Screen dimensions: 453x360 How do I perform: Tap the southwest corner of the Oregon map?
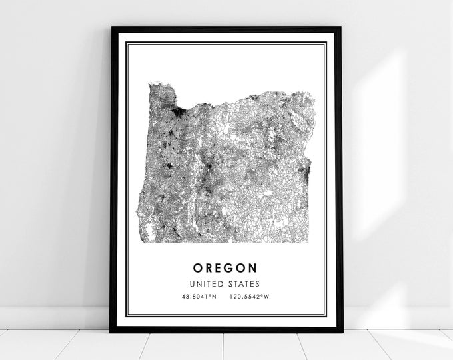tap(141, 241)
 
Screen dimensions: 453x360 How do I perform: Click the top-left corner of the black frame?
tap(111, 27)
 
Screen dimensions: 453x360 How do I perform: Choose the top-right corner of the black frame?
tap(342, 27)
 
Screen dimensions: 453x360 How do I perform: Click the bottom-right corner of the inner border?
tap(326, 317)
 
